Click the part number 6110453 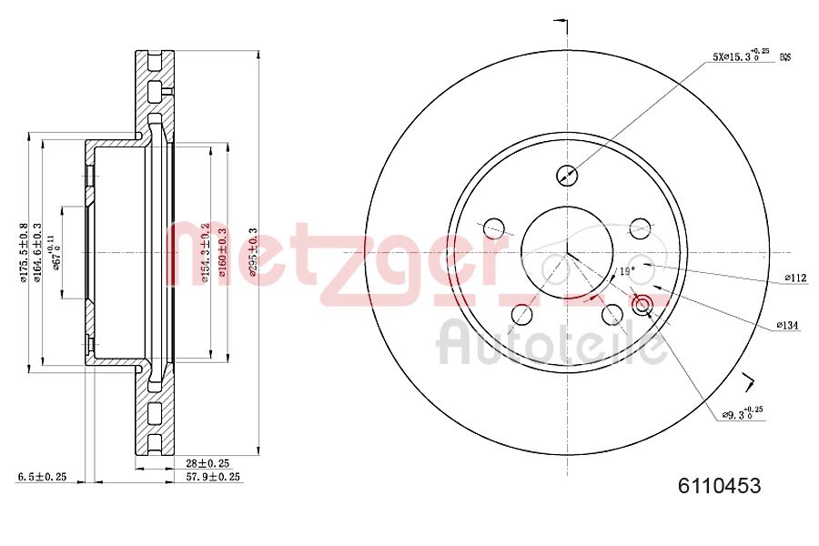point(719,486)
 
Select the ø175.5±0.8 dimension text point(25,252)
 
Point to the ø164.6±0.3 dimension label point(38,252)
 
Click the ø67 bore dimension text point(58,252)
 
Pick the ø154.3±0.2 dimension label point(207,252)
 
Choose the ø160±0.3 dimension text point(221,252)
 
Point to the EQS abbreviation point(784,57)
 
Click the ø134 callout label point(787,325)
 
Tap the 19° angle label point(626,271)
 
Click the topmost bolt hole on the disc point(566,175)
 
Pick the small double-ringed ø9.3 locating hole point(642,305)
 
